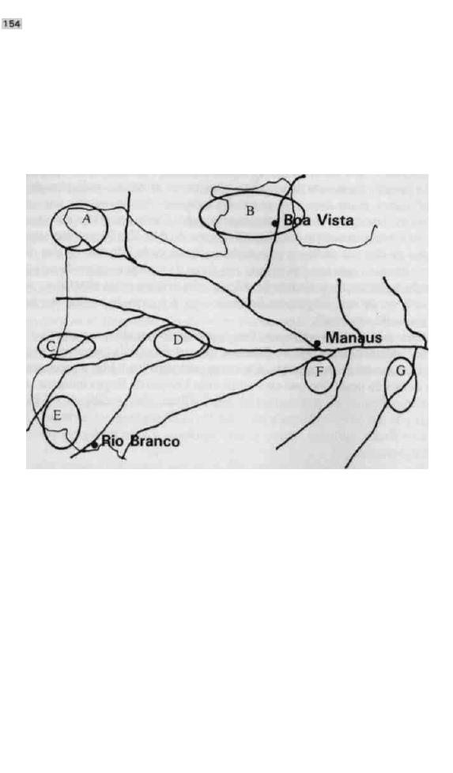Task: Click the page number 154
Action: tap(11, 24)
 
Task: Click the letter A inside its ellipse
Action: tap(87, 219)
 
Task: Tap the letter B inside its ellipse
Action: tap(250, 211)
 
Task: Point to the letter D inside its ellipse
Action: tap(178, 339)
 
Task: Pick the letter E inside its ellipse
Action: tap(57, 415)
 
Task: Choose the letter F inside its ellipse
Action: tap(319, 372)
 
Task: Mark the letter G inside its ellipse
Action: tap(401, 370)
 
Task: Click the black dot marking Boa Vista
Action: tap(275, 223)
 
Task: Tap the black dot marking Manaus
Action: tap(318, 343)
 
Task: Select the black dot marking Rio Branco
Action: tap(95, 445)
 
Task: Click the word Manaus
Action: tap(353, 338)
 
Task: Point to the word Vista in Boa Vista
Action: tap(335, 220)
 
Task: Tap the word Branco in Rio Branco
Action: tap(155, 441)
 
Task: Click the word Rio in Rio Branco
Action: tap(112, 441)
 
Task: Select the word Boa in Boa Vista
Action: tap(296, 220)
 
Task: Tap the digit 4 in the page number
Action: tap(17, 24)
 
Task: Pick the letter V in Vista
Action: tap(321, 220)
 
